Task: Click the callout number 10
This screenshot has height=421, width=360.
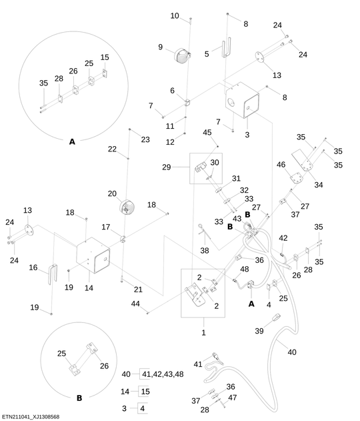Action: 175,15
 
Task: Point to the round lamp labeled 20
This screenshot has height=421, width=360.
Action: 127,206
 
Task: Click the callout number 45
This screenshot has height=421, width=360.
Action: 207,132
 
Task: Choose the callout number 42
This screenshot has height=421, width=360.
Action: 283,238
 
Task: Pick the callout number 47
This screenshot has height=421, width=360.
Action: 232,397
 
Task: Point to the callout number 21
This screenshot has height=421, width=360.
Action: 137,289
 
